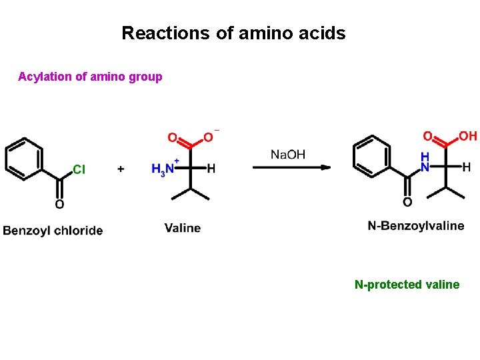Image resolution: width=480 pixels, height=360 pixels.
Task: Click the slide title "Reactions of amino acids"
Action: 233,33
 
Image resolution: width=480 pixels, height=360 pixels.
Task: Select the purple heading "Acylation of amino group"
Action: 90,77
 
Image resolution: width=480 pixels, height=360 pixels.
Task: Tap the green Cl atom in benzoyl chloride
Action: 79,169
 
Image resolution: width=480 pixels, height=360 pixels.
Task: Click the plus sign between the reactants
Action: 121,169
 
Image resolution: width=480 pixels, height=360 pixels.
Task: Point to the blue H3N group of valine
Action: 163,169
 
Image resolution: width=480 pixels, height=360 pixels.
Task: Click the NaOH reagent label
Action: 288,155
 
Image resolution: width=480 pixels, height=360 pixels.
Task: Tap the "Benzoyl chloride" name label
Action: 53,231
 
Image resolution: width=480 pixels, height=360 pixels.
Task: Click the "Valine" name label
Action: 183,228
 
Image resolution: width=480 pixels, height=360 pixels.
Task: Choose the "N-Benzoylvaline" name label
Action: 416,226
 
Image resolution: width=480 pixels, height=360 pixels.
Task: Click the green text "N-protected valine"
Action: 407,285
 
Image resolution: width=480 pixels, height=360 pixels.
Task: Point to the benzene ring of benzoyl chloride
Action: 24,159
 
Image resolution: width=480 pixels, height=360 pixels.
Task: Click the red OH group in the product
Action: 467,136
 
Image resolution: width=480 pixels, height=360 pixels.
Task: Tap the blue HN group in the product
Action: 425,161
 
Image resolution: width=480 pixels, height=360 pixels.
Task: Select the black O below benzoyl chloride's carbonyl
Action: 59,204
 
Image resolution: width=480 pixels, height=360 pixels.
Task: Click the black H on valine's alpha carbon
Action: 211,169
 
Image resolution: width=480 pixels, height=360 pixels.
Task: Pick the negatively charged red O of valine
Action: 209,137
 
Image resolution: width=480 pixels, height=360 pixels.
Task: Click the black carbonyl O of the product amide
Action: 407,202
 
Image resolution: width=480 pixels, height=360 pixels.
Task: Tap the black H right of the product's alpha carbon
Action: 466,167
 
